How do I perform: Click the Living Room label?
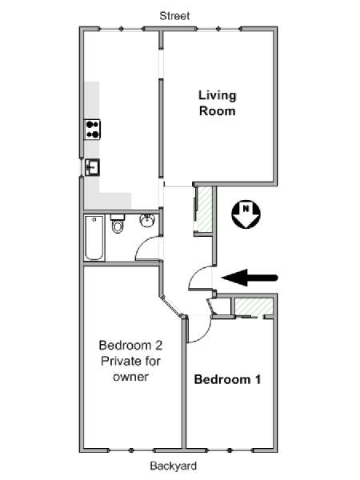(x=218, y=103)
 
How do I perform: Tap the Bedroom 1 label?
(x=227, y=379)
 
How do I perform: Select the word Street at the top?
(x=174, y=16)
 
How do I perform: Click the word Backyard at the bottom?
(x=174, y=466)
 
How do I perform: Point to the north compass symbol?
(x=246, y=214)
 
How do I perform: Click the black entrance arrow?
(x=250, y=278)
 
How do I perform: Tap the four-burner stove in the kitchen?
(x=93, y=130)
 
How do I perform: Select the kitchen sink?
(x=92, y=167)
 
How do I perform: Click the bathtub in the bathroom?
(x=94, y=238)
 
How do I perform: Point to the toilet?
(x=118, y=223)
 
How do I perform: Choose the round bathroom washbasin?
(x=149, y=221)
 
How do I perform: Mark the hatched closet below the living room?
(x=205, y=210)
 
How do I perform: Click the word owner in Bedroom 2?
(x=130, y=377)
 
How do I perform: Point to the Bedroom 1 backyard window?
(x=230, y=450)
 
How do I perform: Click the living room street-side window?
(x=218, y=29)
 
